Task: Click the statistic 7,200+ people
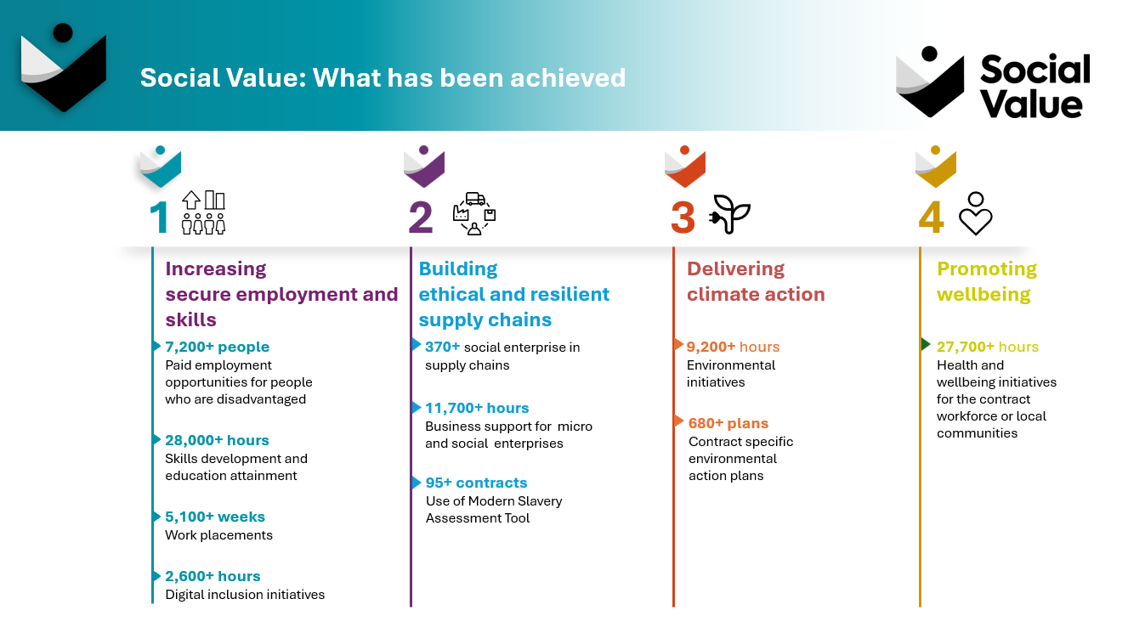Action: tap(217, 347)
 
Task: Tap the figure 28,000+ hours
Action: tap(217, 440)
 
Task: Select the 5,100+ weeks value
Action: tap(215, 517)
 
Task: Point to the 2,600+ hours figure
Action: tap(213, 576)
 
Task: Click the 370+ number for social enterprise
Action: tap(443, 347)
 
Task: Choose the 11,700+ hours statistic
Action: tap(477, 408)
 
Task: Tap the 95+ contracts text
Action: tap(476, 483)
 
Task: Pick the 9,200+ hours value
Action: tap(733, 347)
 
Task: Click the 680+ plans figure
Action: tap(728, 423)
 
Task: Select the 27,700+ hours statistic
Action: tap(987, 347)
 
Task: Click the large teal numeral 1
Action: tap(160, 218)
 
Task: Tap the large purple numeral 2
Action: tap(421, 218)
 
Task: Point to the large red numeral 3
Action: tap(683, 218)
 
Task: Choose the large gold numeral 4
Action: tap(931, 218)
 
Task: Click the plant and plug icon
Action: tap(730, 214)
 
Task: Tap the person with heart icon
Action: tap(976, 214)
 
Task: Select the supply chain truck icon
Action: tap(474, 212)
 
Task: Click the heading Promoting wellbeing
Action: tap(986, 281)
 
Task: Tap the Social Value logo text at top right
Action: tap(1034, 87)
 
